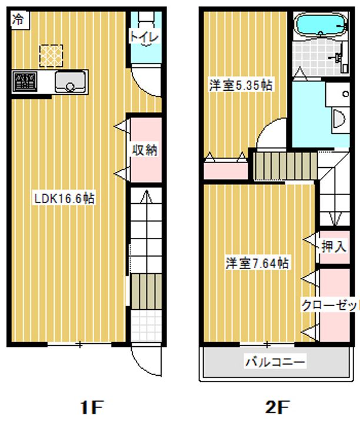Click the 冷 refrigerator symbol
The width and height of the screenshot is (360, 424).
pos(18,19)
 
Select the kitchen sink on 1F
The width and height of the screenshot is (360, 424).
pos(71,81)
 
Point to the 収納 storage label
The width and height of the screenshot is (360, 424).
pos(144,150)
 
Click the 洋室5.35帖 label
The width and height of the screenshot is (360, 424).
pos(241,85)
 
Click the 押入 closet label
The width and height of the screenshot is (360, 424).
pos(333,246)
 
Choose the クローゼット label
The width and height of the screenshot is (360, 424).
pos(330,306)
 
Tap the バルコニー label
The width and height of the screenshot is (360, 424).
pos(275,361)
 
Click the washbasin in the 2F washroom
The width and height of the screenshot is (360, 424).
pos(339,118)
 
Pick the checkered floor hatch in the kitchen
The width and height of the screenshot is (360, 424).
pos(51,56)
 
